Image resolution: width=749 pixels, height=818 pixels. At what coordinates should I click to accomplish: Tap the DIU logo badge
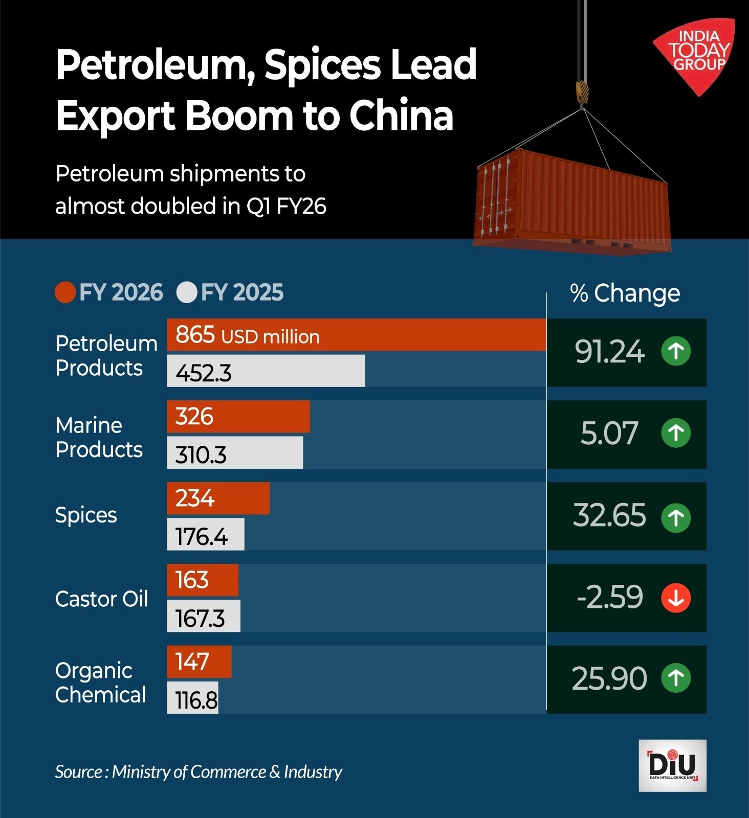(672, 765)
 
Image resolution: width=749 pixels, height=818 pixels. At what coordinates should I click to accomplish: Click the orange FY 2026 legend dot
(65, 292)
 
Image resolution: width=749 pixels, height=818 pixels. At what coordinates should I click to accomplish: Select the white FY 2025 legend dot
(187, 292)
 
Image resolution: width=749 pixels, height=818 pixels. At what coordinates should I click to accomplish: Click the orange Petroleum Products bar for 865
(356, 335)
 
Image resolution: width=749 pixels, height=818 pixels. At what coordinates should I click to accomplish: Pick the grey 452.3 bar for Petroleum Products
(266, 371)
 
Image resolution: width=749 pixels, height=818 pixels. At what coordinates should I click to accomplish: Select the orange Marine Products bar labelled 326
(238, 416)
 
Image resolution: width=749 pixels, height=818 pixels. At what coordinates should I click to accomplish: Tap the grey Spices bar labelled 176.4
(206, 535)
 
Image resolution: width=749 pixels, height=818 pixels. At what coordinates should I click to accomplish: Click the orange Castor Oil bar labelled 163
(203, 580)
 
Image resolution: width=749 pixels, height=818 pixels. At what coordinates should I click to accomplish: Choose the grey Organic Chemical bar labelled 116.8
(192, 698)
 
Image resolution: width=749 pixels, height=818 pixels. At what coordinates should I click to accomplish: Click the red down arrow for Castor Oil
(676, 598)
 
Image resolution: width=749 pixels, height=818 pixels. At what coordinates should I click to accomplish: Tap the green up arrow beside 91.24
(676, 351)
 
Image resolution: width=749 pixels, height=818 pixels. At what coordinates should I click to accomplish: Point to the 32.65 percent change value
(609, 515)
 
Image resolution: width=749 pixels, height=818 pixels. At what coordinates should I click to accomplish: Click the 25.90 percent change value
(609, 679)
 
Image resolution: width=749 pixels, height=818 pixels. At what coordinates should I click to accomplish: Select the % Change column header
(625, 293)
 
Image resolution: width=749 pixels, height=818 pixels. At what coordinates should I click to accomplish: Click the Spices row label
(86, 515)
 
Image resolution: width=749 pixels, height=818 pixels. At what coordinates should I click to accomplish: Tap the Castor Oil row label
(101, 599)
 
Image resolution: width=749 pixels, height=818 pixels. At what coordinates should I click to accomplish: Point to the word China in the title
(401, 116)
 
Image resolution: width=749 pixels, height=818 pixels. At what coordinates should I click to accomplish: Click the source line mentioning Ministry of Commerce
(199, 771)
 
